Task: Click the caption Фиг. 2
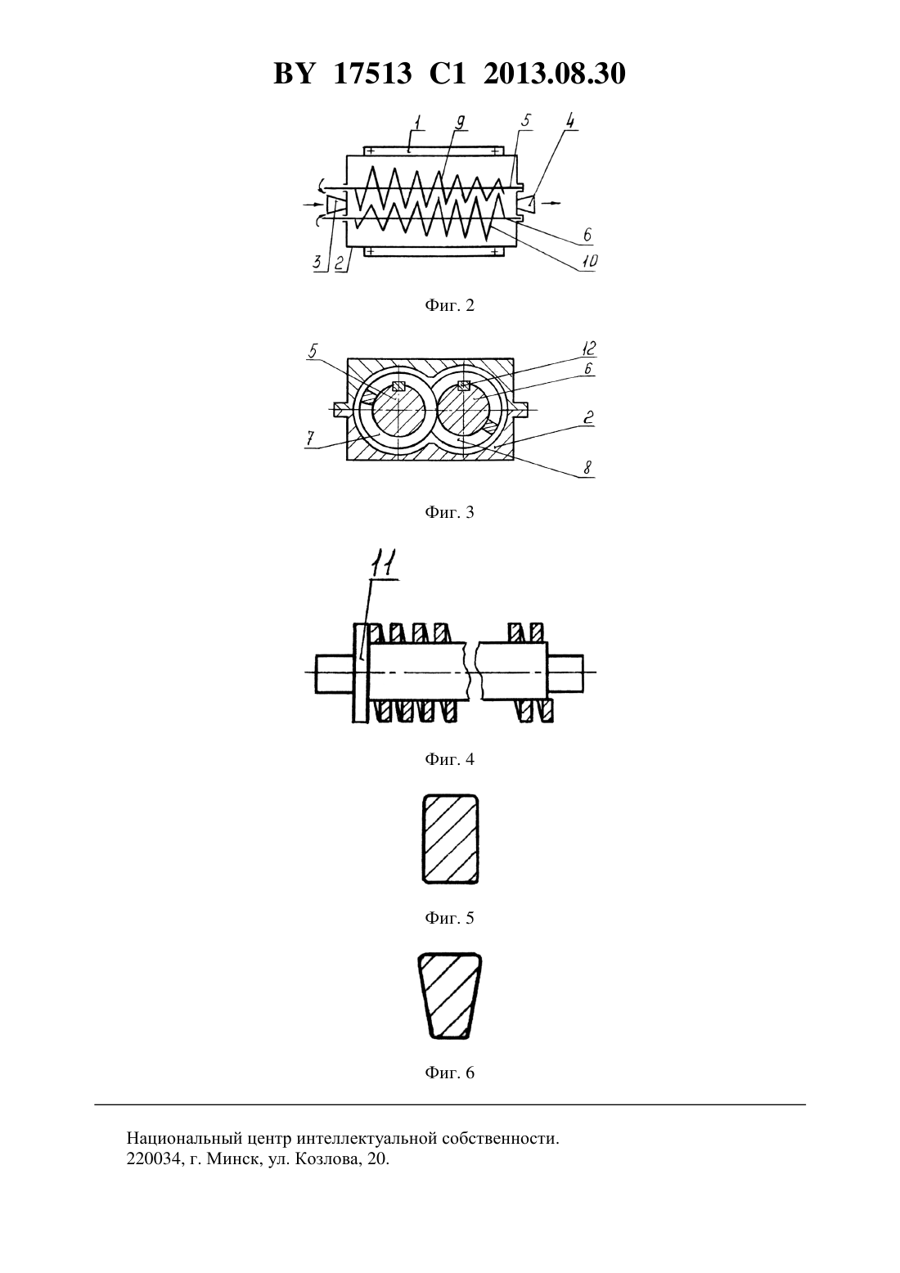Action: coord(449,306)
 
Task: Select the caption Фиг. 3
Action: coord(449,513)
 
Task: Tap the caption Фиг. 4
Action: coord(449,759)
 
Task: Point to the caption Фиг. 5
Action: coord(449,918)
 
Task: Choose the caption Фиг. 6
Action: coord(449,1073)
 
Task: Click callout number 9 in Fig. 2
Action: coord(460,122)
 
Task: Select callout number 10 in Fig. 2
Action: coord(589,261)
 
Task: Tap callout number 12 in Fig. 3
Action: coord(587,348)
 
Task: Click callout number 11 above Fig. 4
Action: coord(385,565)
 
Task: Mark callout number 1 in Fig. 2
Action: coord(417,122)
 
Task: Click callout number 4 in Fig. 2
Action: coord(570,122)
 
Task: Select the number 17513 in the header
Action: coord(373,74)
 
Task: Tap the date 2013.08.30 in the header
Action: coord(555,74)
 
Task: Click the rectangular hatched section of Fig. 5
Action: coord(449,839)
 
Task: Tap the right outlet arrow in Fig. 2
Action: coord(551,202)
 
